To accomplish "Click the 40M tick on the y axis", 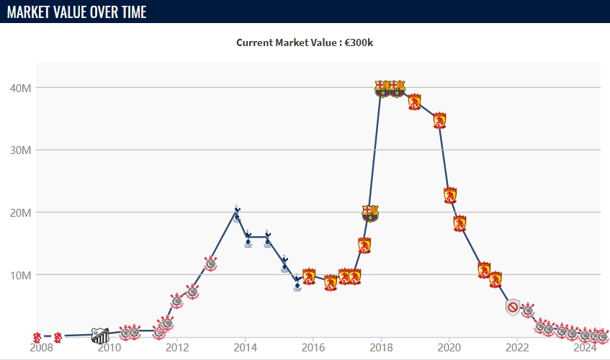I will click(19, 88).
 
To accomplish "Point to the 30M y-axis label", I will click(19, 150).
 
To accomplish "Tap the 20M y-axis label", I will click(19, 212).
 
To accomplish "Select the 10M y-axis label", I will click(19, 275).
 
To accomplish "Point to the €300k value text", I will click(359, 42).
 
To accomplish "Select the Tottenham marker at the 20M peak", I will click(237, 214).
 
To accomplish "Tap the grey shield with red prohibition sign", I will click(513, 308).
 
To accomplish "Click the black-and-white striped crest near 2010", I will click(101, 335).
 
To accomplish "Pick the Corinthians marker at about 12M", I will click(210, 264).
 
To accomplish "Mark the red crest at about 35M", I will click(439, 120).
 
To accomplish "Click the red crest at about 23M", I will click(450, 195).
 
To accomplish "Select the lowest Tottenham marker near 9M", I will click(297, 282).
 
